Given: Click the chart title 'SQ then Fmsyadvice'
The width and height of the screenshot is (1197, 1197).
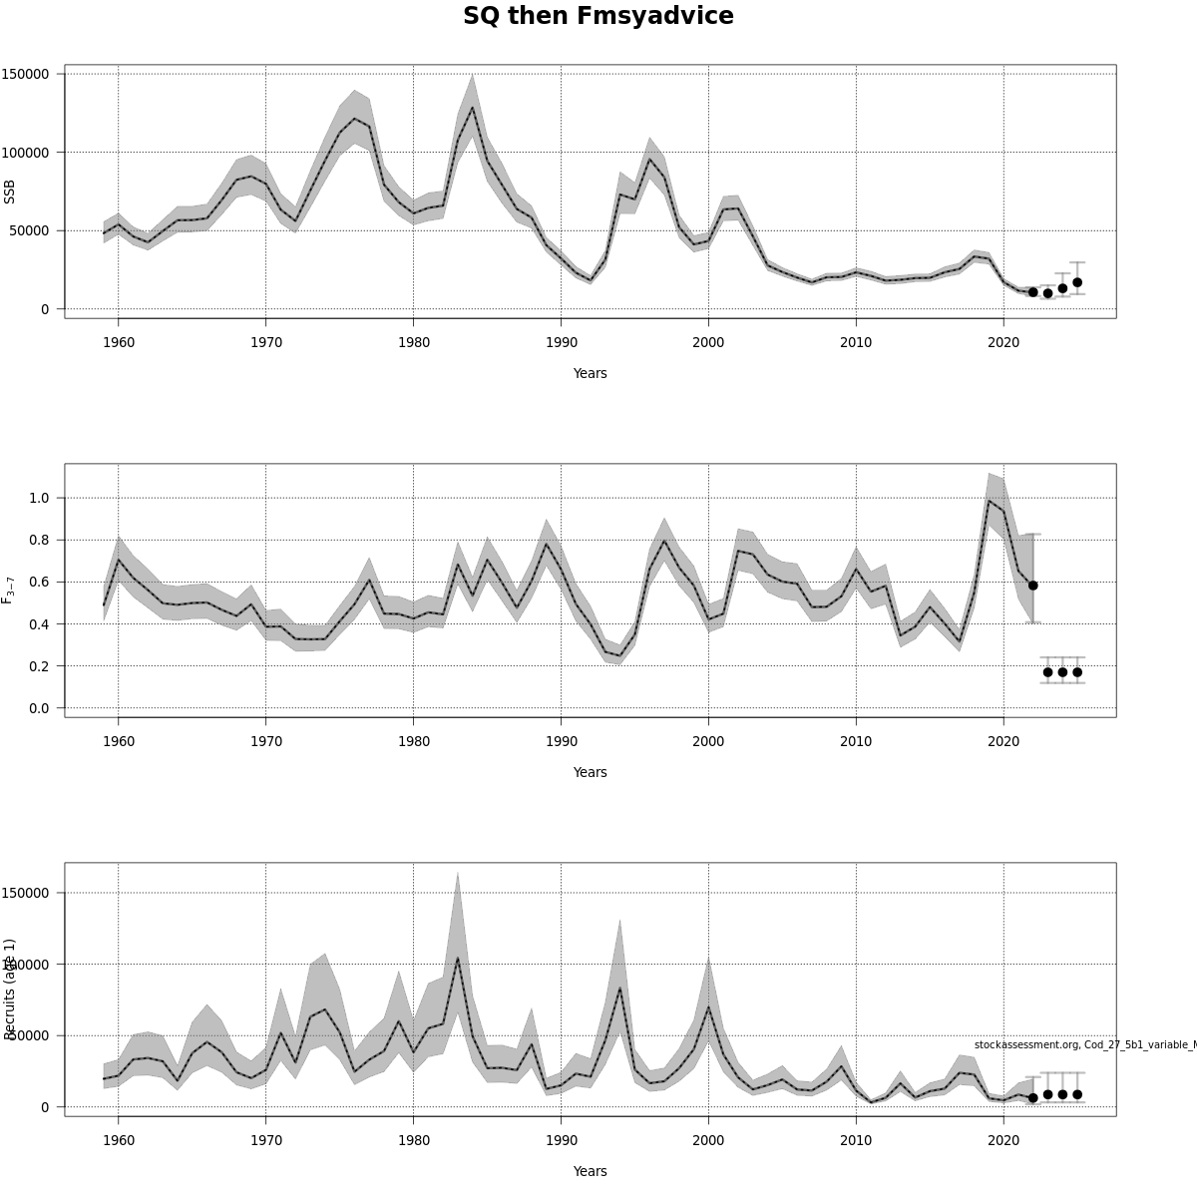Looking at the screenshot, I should coord(598,17).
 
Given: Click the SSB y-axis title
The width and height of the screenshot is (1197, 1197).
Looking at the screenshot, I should coord(10,192).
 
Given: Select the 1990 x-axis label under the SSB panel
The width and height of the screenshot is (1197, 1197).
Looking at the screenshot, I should coord(561,342).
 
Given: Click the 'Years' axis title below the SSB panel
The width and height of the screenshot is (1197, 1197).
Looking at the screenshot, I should coord(590,373).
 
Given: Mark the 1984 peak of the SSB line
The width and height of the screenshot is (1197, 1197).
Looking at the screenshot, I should coord(472,108).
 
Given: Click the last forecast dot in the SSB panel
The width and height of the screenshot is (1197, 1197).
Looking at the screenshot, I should coord(1077,282).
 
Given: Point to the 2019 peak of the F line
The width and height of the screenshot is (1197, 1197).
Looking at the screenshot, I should coord(989,501).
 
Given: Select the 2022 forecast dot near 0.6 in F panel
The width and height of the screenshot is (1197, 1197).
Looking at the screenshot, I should coord(1032,586).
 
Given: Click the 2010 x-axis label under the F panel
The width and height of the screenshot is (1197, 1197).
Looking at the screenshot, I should coord(856,741).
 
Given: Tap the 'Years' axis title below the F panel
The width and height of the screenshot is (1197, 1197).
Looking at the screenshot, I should coord(590,772).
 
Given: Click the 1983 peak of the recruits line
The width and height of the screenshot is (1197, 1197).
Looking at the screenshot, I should coord(457,959).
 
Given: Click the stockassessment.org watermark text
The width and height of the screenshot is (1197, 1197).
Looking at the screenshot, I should coord(1084,1044).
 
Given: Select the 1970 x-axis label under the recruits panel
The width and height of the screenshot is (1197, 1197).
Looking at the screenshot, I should coord(265,1140).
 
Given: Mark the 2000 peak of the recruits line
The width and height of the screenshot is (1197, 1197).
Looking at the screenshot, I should coord(708,1007).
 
